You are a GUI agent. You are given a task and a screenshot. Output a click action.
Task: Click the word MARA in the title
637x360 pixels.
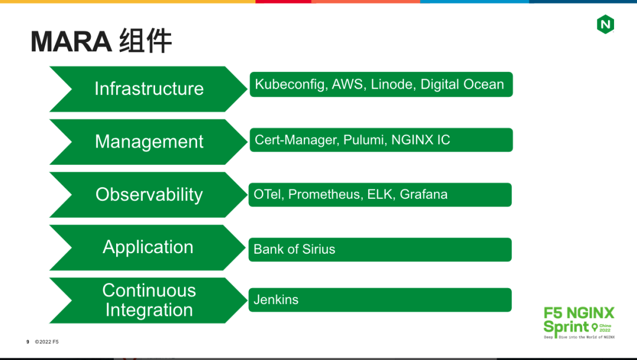click(x=71, y=41)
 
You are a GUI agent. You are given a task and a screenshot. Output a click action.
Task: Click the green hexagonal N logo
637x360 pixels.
click(x=605, y=24)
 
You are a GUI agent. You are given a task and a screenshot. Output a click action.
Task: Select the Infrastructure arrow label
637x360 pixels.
click(x=149, y=89)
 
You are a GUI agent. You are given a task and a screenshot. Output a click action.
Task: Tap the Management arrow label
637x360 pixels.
click(x=149, y=142)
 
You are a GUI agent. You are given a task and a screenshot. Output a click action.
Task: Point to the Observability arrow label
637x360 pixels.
click(x=149, y=195)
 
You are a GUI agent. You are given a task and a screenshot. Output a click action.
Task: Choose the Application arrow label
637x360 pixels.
click(x=148, y=247)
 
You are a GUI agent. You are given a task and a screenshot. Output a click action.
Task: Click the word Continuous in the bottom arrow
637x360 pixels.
click(x=149, y=290)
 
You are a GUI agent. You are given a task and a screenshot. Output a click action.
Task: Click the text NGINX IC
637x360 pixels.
click(x=421, y=140)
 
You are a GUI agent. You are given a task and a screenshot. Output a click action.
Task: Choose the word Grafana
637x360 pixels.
click(x=423, y=194)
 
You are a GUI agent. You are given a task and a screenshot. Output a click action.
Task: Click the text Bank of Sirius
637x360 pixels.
click(x=294, y=249)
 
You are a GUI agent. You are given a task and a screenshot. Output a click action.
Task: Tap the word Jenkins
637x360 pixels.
click(x=276, y=300)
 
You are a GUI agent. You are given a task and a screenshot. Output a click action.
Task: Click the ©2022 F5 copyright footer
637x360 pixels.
click(x=47, y=342)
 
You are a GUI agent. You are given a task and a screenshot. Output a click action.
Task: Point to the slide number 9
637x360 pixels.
click(x=28, y=342)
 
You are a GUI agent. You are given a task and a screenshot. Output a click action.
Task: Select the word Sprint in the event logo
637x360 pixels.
click(x=566, y=327)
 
